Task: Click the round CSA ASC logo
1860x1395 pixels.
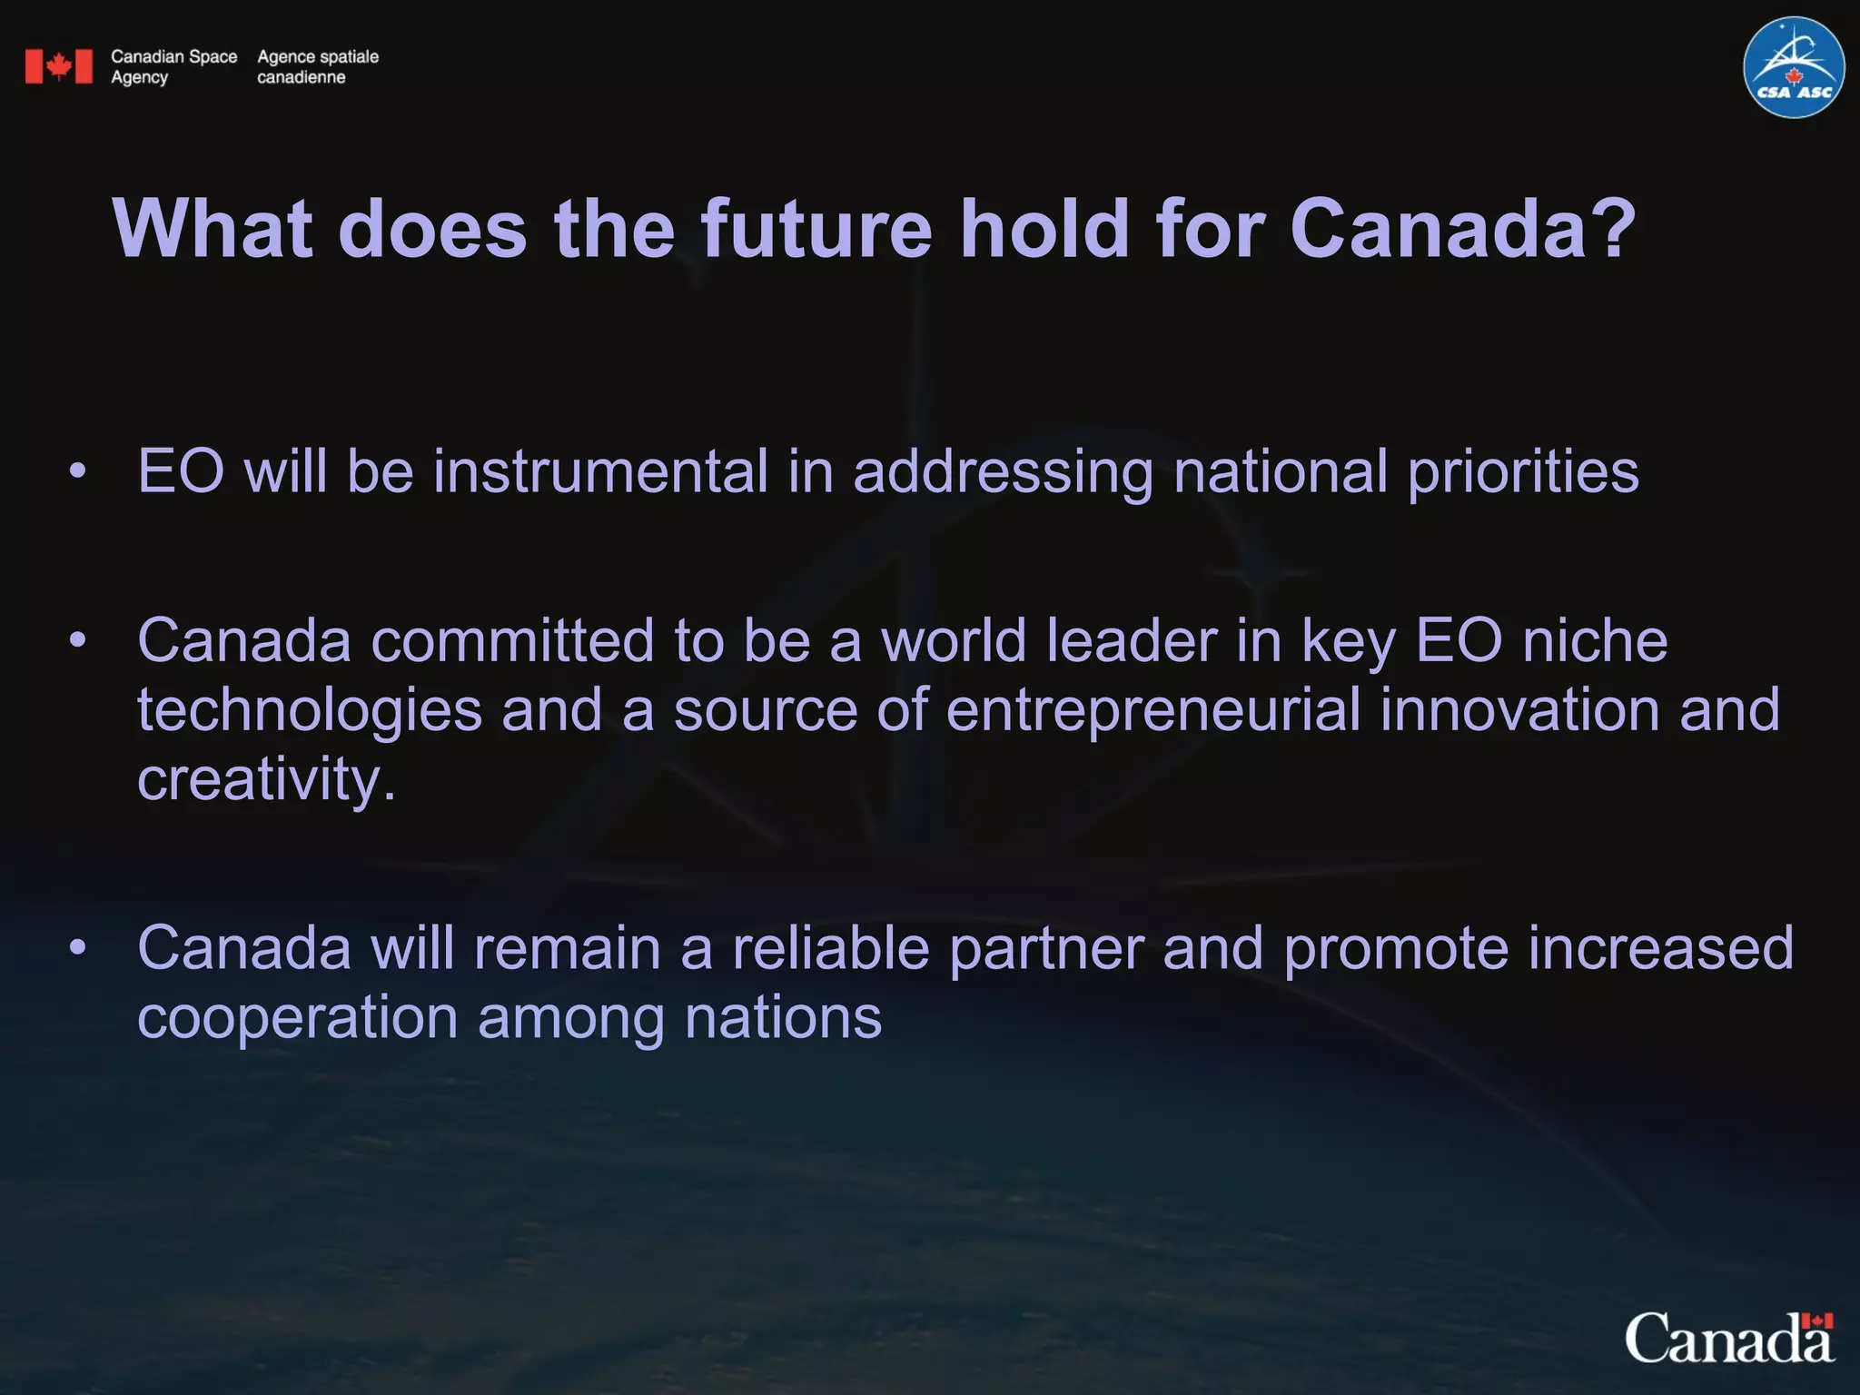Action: click(x=1794, y=67)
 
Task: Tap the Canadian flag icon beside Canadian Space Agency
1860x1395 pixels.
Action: click(x=59, y=66)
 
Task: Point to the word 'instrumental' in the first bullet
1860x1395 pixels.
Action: click(x=600, y=471)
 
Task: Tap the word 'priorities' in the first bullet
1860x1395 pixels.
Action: click(x=1523, y=471)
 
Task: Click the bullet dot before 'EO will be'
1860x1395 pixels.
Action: click(x=78, y=471)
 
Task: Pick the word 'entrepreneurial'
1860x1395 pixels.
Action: click(x=1153, y=709)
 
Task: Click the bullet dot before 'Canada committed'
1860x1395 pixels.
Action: click(x=78, y=640)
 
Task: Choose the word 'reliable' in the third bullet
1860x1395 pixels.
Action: click(x=830, y=947)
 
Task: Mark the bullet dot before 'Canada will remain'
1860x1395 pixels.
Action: click(x=78, y=947)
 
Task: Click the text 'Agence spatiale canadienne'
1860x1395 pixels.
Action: click(x=317, y=66)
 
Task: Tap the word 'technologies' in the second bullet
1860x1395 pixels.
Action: click(x=309, y=709)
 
